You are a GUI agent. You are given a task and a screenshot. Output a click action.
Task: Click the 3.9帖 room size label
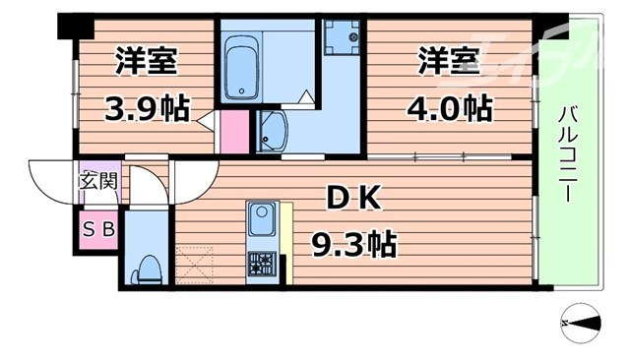point(146,106)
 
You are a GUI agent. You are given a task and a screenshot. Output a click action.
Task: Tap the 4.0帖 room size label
point(450,106)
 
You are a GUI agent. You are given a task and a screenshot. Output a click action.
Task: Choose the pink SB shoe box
point(97,229)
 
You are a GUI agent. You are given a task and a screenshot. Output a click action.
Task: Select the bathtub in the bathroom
point(241,67)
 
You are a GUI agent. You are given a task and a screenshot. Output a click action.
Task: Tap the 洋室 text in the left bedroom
point(146,61)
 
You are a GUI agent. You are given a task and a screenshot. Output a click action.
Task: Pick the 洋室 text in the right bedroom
point(448,61)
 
